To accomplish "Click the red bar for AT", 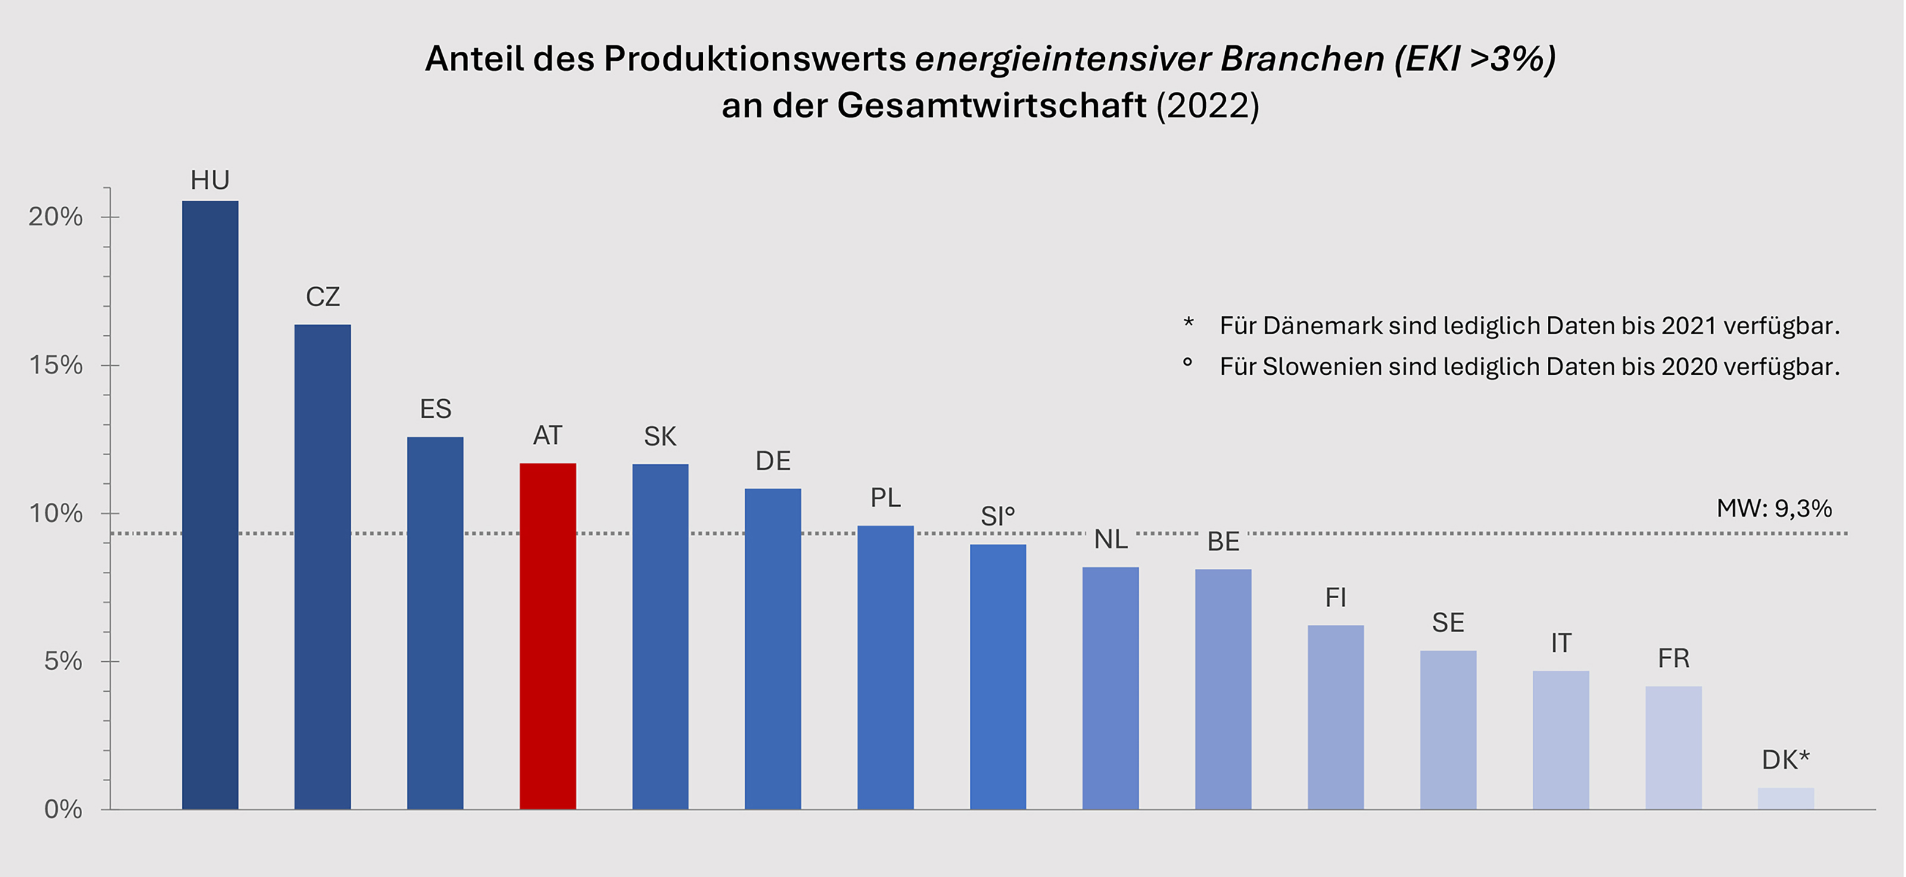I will click(x=547, y=636).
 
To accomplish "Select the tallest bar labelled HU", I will click(x=210, y=503).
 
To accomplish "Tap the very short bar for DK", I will click(x=1786, y=798).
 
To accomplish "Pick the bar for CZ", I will click(x=323, y=566).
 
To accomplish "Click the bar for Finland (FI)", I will click(x=1335, y=716).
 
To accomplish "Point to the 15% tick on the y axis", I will click(x=106, y=365).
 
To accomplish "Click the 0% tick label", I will click(x=63, y=809).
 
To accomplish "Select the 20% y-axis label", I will click(x=55, y=216).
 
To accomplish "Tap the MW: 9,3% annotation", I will click(x=1774, y=508).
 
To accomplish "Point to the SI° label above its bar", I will click(x=998, y=517).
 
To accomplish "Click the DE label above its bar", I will click(x=773, y=461).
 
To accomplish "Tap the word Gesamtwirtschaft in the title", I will click(x=992, y=105).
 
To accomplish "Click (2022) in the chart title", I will click(x=1207, y=105).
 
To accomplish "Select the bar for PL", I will click(x=885, y=667).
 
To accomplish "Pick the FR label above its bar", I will click(x=1673, y=658).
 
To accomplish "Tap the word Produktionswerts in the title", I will click(x=755, y=58).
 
